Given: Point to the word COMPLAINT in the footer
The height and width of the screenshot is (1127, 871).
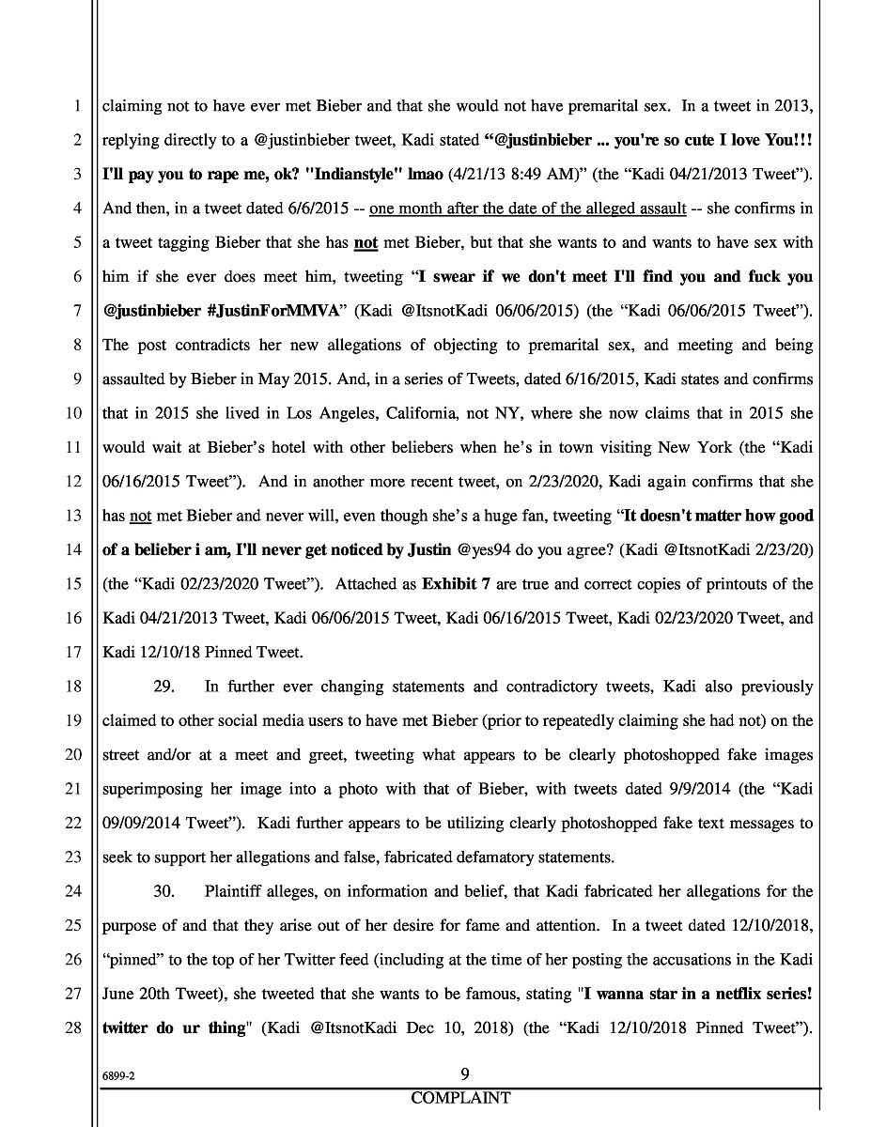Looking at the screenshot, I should (x=460, y=1098).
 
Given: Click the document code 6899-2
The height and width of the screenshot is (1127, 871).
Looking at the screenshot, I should (x=120, y=1077).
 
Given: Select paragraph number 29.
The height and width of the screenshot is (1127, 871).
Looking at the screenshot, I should (x=165, y=687).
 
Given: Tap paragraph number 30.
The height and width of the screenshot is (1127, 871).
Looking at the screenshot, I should (x=165, y=891).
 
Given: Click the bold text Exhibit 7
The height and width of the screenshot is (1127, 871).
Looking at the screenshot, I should (x=455, y=584).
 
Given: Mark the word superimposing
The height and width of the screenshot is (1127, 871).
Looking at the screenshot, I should (x=155, y=789).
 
